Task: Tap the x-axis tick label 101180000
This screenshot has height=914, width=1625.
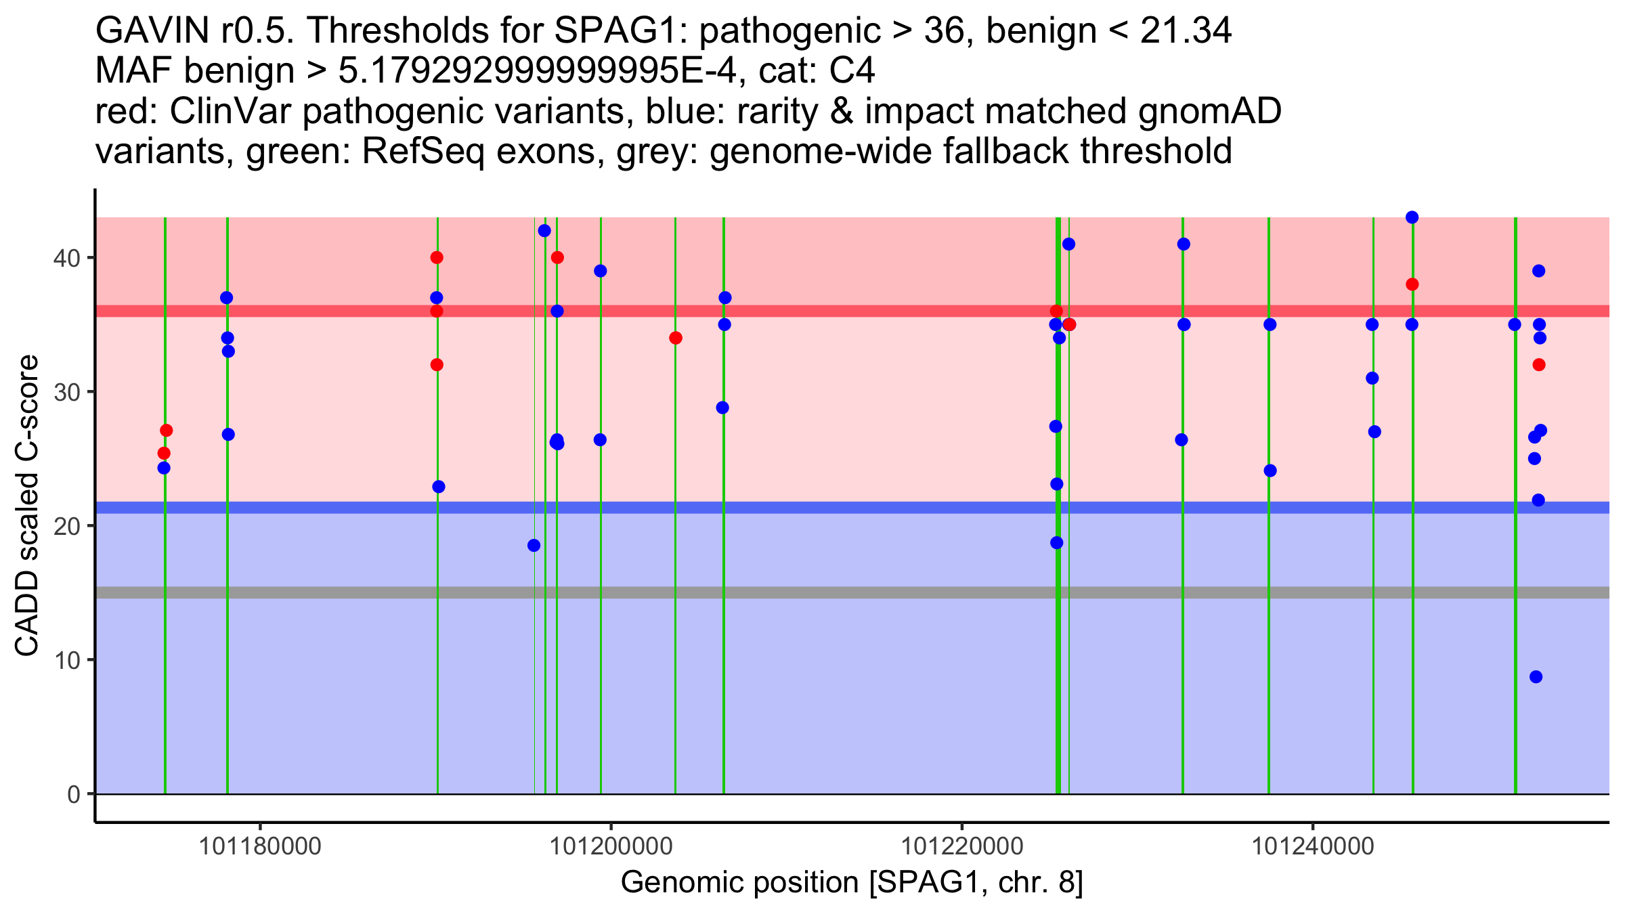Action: [261, 846]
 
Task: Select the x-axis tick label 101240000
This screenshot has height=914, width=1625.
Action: [1313, 846]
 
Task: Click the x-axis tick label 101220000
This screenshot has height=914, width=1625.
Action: [962, 846]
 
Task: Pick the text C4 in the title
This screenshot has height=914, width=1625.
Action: [852, 70]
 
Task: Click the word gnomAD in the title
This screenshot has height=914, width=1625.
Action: [1209, 111]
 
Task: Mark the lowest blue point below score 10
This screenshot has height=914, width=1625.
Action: [1536, 677]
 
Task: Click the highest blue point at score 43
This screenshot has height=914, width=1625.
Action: [1412, 217]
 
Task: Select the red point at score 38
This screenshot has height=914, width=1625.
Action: [1412, 284]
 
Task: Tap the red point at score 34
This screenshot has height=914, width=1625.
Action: [675, 338]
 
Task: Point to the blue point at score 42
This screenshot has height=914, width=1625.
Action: [544, 231]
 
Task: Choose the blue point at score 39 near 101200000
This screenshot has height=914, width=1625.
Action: [600, 271]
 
